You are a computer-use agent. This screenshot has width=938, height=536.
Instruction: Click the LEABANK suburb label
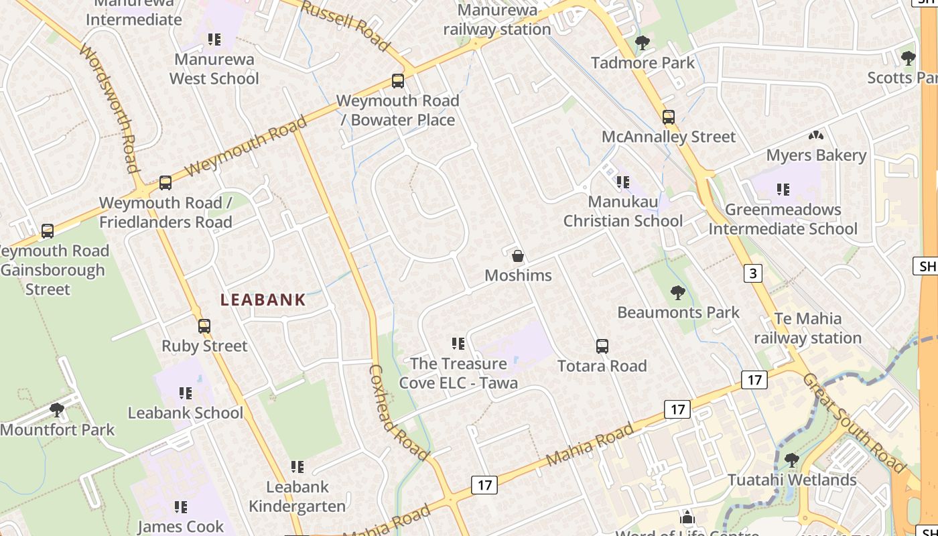(263, 300)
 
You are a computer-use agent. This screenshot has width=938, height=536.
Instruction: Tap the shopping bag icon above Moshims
(517, 256)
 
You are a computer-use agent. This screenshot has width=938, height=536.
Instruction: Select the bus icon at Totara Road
(602, 346)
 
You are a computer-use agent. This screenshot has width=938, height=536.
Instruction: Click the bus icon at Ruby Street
(204, 326)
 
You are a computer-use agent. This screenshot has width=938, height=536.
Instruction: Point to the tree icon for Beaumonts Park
(677, 293)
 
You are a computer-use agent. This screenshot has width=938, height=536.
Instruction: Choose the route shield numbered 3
(753, 273)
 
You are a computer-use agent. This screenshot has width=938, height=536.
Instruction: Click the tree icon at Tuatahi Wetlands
(791, 460)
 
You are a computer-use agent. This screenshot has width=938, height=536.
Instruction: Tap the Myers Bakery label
(816, 155)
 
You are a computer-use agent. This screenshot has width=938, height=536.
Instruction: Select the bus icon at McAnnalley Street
(668, 117)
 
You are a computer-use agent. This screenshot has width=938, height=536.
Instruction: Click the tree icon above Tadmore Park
(643, 44)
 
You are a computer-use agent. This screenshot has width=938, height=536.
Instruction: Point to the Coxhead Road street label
(398, 413)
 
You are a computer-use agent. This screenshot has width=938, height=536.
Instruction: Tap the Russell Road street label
(345, 26)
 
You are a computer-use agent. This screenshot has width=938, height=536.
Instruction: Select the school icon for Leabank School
(186, 393)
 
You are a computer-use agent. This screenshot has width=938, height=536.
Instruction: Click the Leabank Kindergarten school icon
(297, 467)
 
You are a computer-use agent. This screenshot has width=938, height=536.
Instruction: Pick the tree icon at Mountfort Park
(57, 409)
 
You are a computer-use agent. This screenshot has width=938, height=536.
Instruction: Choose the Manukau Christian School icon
(623, 182)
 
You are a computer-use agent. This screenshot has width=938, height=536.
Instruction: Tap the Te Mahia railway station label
(807, 328)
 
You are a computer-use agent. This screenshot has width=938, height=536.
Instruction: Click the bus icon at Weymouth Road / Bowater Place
(398, 81)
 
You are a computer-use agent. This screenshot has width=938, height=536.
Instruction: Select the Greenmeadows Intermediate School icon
(783, 190)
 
